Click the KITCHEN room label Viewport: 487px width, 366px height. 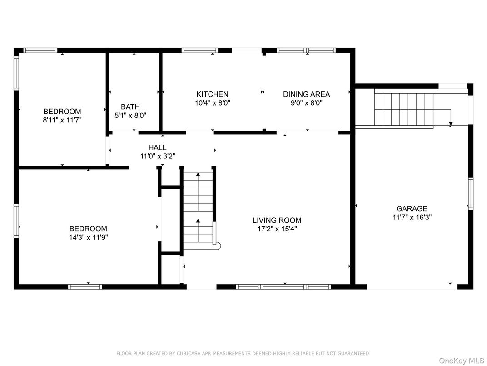213,94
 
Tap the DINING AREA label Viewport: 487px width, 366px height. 307,94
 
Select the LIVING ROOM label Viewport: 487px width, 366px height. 277,220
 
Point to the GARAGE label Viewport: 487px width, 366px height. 412,208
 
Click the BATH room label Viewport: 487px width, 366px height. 130,107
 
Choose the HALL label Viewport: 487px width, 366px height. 158,147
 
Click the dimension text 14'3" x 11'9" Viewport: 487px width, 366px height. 89,238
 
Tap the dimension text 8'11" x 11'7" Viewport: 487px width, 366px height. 62,120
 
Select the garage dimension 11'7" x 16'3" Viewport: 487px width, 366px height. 412,217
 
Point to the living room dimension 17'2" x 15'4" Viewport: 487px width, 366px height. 277,229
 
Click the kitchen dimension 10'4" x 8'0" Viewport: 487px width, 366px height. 213,103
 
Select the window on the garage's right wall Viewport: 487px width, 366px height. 471,193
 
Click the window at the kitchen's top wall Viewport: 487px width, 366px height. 200,51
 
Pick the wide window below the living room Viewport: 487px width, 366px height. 283,287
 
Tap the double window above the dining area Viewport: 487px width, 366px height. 306,51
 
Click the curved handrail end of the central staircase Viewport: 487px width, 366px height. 218,246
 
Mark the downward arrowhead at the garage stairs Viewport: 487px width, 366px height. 451,124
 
